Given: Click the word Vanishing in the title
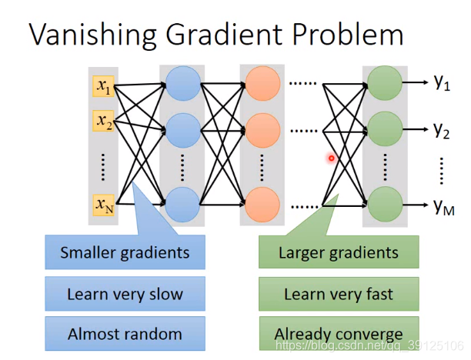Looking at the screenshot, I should [85, 35].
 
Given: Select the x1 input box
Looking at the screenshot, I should [103, 85].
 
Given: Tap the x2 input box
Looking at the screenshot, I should [103, 121].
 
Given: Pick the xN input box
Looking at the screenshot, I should [104, 204].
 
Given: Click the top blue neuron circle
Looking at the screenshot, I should [182, 84].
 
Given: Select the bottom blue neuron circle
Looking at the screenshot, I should [182, 205].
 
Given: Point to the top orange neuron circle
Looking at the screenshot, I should [262, 82].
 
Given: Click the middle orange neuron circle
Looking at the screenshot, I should [262, 130].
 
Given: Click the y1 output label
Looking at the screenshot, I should [441, 82].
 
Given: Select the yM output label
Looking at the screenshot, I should [443, 205].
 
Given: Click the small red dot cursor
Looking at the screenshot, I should [332, 158].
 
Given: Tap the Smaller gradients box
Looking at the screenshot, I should [125, 252].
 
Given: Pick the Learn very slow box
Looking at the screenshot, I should [125, 293].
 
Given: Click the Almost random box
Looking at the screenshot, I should [125, 334].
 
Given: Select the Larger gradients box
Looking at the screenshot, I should [339, 252].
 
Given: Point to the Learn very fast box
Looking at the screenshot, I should [339, 293].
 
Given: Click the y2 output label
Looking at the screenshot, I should [441, 130].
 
